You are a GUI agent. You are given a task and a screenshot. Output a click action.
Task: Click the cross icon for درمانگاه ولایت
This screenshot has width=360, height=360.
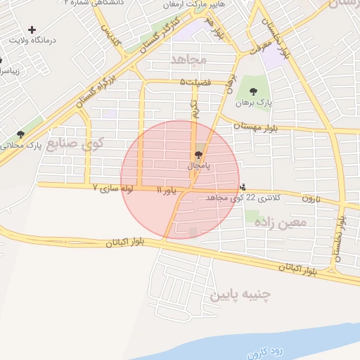click(32, 30)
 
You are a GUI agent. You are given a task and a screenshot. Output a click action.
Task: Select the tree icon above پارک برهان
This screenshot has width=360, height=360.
click(253, 91)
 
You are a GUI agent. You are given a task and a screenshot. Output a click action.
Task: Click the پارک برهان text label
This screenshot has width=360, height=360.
click(252, 103)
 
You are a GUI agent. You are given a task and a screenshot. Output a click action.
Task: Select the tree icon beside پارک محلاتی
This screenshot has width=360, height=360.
click(20, 134)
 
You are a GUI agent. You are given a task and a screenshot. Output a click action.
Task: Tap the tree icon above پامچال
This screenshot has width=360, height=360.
click(199, 155)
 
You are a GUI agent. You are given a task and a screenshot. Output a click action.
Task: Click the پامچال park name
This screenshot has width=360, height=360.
click(199, 166)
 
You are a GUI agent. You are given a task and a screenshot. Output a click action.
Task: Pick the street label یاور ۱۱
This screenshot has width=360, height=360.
click(169, 190)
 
